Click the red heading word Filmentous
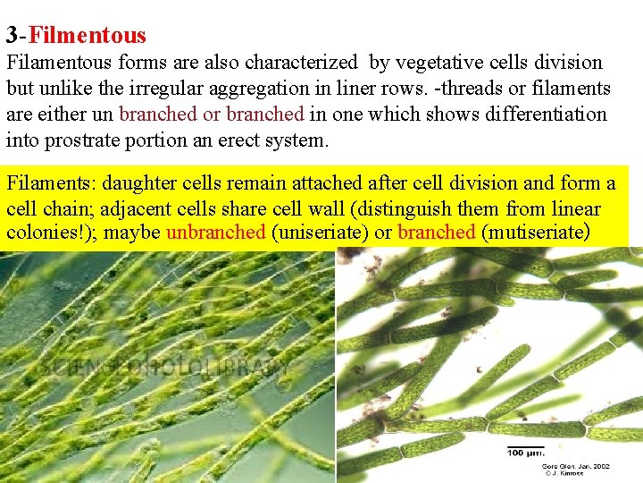[x=88, y=36]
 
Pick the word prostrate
[x=70, y=141]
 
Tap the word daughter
[x=139, y=183]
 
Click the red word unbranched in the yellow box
[x=214, y=233]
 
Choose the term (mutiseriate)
[x=535, y=233]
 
